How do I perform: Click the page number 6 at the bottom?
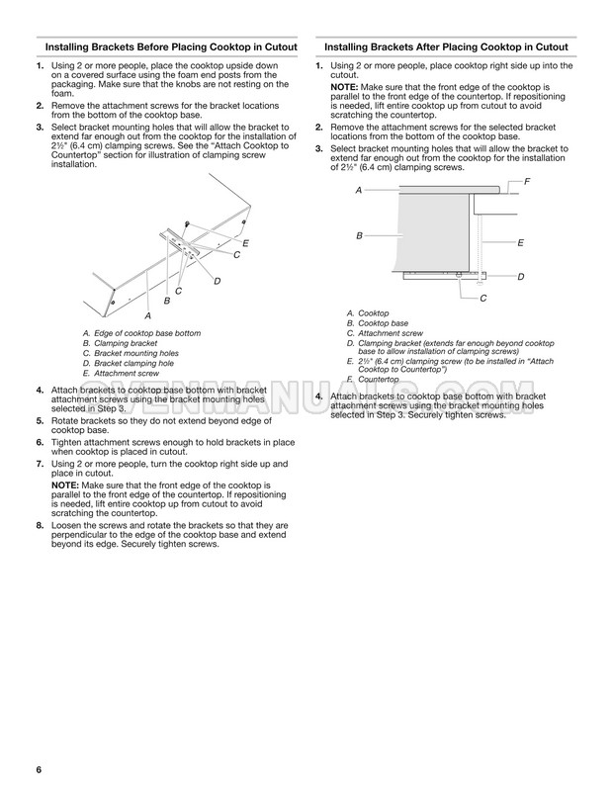tap(38, 770)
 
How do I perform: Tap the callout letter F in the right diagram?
tap(526, 181)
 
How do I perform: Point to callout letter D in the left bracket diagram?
tap(217, 282)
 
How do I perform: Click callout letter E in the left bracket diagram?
tap(245, 243)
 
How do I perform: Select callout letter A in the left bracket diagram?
tap(147, 314)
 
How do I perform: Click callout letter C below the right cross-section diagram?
tap(482, 298)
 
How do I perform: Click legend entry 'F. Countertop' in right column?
tap(373, 379)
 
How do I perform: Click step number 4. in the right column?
tap(318, 396)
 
